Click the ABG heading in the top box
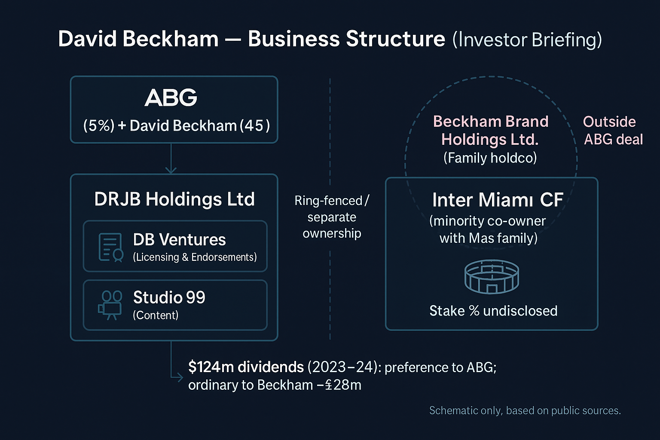[171, 98]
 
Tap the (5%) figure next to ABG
[99, 125]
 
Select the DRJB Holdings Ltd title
[174, 199]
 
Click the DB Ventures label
[179, 240]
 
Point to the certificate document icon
[110, 247]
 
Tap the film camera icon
[110, 305]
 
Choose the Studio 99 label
[169, 297]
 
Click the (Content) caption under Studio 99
[156, 315]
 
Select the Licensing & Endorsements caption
[195, 257]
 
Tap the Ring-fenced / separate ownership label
[332, 217]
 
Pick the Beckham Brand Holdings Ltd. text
[490, 130]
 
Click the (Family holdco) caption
[490, 158]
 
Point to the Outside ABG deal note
[613, 131]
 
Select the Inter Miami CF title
[497, 200]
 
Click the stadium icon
[492, 277]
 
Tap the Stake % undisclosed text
[493, 311]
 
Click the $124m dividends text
[246, 367]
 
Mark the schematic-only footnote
[525, 411]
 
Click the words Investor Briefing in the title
[527, 40]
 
